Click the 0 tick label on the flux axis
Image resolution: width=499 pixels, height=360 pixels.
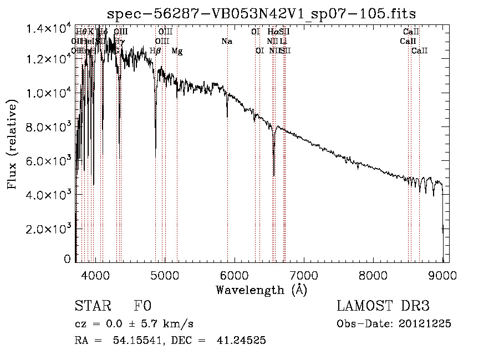click(68, 259)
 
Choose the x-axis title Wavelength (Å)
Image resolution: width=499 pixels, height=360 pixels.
click(261, 290)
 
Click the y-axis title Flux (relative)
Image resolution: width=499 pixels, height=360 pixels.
click(12, 144)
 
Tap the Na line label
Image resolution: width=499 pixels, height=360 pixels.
click(227, 42)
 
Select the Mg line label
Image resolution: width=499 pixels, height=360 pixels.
click(177, 51)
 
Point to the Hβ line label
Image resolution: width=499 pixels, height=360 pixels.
click(155, 51)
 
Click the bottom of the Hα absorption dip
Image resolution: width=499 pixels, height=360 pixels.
click(274, 175)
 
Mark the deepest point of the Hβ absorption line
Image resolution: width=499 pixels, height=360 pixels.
click(156, 149)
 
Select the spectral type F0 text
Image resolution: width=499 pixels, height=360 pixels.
click(142, 306)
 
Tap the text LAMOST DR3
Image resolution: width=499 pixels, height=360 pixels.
click(383, 306)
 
